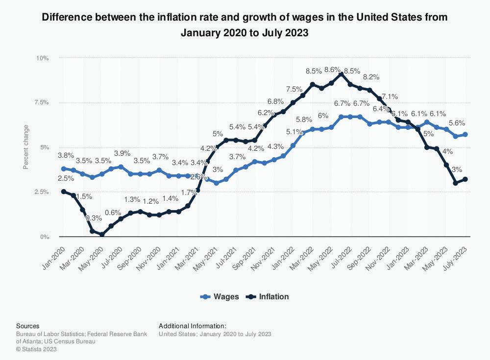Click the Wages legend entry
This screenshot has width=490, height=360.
(x=220, y=296)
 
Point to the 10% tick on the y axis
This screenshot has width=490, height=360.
(x=43, y=58)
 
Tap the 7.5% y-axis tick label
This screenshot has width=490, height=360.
(x=42, y=102)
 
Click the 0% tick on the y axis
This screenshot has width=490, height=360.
(x=44, y=237)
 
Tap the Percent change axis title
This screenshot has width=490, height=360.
(x=26, y=147)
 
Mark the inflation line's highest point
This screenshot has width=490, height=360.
(x=341, y=74)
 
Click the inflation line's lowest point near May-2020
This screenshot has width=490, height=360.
(x=101, y=235)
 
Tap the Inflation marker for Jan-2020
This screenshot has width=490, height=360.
(x=63, y=192)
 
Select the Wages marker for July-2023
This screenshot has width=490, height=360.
(x=465, y=134)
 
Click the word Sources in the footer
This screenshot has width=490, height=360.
(x=27, y=326)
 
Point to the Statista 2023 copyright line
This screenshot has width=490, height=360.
(x=36, y=349)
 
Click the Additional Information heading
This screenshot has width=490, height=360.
(x=192, y=326)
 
